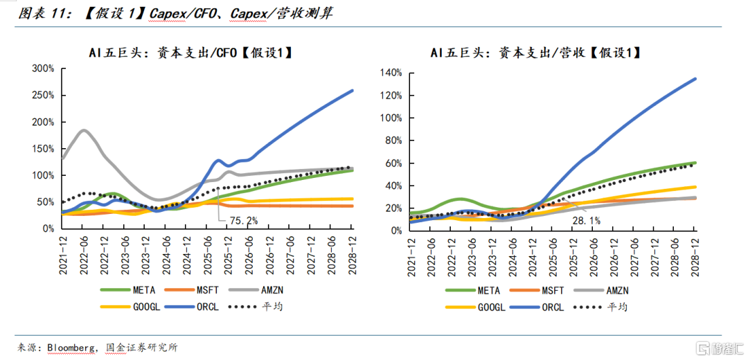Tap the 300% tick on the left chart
[43, 69]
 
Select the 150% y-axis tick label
[43, 149]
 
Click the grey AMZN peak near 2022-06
[84, 130]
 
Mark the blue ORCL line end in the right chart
[695, 79]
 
